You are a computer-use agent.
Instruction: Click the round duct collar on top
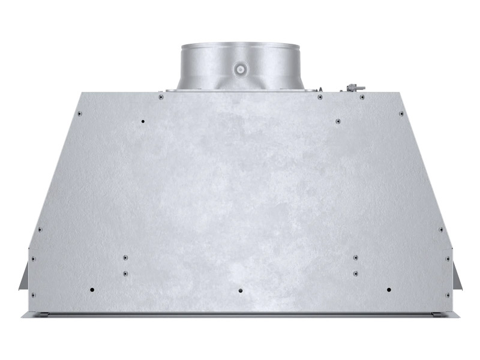click(x=240, y=63)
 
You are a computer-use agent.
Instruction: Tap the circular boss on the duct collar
click(x=240, y=69)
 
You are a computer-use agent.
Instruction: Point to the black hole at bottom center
click(x=241, y=290)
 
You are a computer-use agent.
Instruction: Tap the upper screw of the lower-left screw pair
click(x=125, y=257)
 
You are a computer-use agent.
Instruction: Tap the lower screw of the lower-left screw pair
click(x=125, y=273)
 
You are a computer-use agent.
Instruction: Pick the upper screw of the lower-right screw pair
click(x=356, y=257)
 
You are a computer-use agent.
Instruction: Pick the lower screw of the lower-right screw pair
click(x=356, y=273)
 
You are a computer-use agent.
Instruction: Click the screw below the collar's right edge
click(x=320, y=97)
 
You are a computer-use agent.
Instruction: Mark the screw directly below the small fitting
click(x=362, y=96)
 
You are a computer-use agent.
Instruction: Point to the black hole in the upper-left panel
click(x=142, y=122)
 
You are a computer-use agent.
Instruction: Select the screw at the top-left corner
click(x=79, y=112)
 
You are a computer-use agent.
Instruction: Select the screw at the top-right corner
click(x=401, y=113)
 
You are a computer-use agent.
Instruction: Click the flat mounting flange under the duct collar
click(x=240, y=91)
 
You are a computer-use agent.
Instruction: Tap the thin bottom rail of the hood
click(x=240, y=314)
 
